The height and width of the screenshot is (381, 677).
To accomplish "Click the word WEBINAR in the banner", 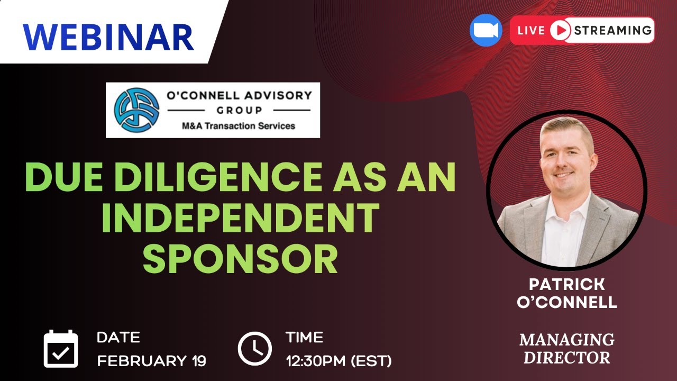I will click(108, 37).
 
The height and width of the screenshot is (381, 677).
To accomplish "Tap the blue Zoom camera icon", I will click(486, 30).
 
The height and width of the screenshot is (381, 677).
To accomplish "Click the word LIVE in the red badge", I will click(531, 30).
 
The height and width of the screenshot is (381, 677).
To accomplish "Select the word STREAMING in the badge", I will click(612, 30).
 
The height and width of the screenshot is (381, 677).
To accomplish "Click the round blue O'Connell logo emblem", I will click(136, 110).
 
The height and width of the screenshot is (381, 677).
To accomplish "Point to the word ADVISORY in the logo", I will click(276, 96).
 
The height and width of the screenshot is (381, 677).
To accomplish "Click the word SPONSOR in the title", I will click(241, 259).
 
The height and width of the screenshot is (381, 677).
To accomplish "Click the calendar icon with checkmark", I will click(61, 349).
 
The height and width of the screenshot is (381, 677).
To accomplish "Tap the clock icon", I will click(254, 349).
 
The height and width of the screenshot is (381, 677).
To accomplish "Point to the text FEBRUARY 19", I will click(151, 361).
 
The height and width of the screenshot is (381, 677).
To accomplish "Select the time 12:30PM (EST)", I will click(338, 361).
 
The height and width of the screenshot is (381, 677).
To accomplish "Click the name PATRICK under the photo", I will click(567, 284).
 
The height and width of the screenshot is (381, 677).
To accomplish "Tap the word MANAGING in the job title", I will click(567, 339).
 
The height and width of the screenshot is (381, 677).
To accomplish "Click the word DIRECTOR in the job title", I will click(567, 357).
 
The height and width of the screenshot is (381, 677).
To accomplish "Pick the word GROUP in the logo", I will click(239, 110).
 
